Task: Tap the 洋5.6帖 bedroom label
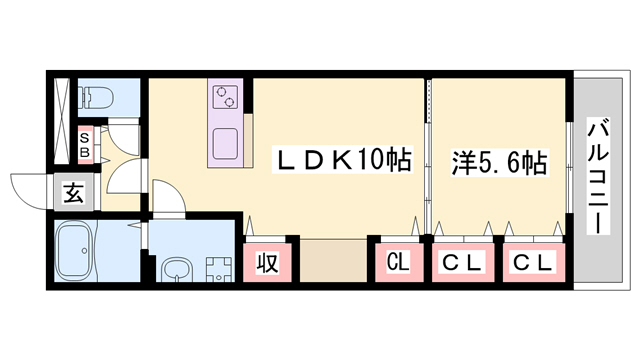point(497,161)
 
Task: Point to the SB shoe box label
point(85,146)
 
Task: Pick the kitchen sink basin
point(224,141)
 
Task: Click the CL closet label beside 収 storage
point(398,264)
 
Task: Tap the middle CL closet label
point(464,264)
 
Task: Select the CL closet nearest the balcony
point(533,264)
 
